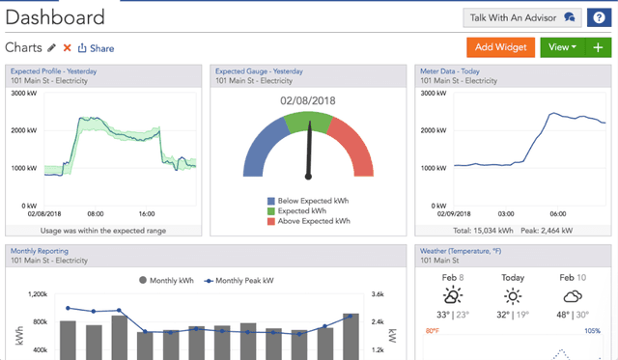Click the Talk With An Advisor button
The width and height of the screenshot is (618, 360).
[x=521, y=17]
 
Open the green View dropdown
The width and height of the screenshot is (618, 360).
[x=561, y=47]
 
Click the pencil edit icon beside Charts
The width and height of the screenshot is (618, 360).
[x=51, y=47]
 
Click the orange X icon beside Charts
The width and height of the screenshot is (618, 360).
[x=67, y=47]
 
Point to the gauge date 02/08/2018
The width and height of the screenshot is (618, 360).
[x=309, y=100]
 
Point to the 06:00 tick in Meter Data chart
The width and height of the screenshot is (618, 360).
[x=557, y=213]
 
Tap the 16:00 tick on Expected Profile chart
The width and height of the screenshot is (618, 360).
[x=148, y=213]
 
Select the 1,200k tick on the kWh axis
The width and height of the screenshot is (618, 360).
[x=36, y=294]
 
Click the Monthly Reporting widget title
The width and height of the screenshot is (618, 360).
[x=40, y=251]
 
